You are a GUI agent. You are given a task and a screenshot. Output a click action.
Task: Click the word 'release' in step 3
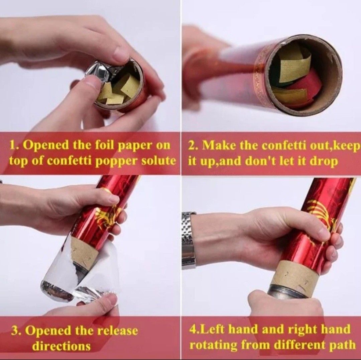tap(117, 331)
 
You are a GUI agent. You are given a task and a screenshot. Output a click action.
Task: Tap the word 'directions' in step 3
tap(61, 346)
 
